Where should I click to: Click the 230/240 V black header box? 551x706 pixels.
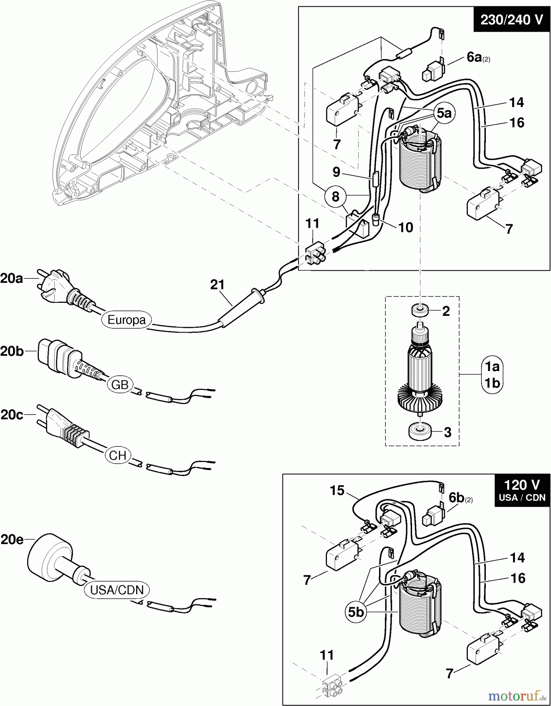coord(512,19)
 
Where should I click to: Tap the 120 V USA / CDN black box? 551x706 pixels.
coord(522,490)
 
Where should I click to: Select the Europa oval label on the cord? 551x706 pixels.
coord(126,320)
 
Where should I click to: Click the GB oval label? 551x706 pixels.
coord(120,385)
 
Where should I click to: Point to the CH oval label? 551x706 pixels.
coord(118,455)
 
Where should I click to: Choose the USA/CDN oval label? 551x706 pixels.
coord(117,590)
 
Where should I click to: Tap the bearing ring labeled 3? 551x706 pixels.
coord(420,431)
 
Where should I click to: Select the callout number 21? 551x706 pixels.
coord(217,285)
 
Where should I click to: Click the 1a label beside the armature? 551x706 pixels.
coord(492,366)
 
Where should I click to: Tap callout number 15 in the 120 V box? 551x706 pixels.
coord(337,490)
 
